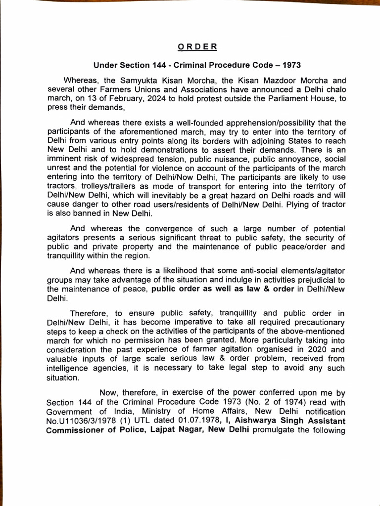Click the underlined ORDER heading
click(196, 47)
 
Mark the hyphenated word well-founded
click(167, 123)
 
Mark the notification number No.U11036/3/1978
click(81, 421)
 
